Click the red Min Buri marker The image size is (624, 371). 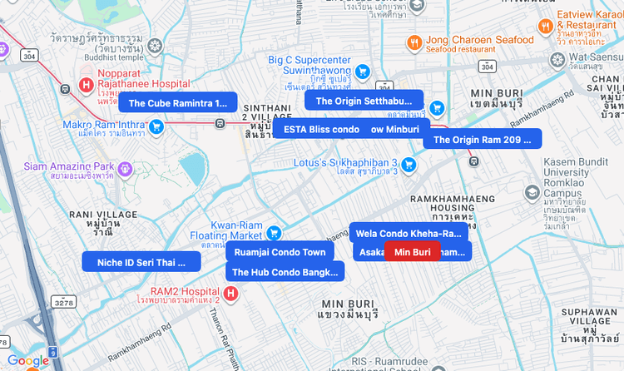412,252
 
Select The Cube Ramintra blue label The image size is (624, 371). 178,103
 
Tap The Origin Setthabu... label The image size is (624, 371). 364,101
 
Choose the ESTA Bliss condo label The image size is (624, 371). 321,129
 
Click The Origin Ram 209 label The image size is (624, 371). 482,140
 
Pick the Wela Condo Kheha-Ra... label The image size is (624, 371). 408,233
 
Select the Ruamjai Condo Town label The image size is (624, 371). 280,252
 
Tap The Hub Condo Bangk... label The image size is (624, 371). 285,272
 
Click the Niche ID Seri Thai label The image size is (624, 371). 141,262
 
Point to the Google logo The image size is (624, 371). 28,361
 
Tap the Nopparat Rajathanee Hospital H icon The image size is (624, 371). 85,84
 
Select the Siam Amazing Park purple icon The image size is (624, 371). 125,169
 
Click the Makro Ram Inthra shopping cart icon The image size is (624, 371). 156,126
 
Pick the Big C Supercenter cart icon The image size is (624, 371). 362,72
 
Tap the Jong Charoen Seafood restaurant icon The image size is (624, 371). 414,42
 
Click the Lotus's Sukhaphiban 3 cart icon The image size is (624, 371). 408,165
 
